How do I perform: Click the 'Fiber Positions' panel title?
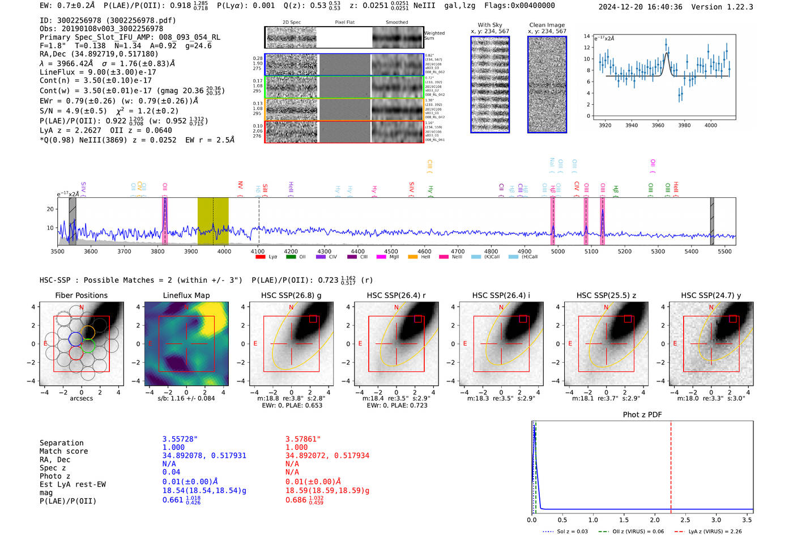pos(81,295)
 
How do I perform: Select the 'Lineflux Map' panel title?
pos(186,295)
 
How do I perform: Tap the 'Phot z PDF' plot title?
pos(642,415)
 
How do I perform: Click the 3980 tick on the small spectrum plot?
pos(684,125)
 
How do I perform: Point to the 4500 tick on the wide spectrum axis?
pos(391,252)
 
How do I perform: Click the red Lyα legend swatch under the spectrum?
pos(261,257)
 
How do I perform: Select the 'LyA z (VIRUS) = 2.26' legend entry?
pos(715,532)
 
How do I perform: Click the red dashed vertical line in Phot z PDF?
pos(671,465)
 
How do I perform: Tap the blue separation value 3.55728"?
pos(180,439)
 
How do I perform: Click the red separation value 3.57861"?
pos(303,439)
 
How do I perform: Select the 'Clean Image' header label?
pos(547,25)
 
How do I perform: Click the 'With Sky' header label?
pos(489,25)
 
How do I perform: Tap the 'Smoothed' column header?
pos(396,23)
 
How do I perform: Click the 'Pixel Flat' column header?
pos(344,23)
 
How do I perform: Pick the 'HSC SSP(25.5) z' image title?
pos(606,295)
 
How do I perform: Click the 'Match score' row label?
pos(63,451)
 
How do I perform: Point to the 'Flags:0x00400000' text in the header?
pos(519,6)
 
